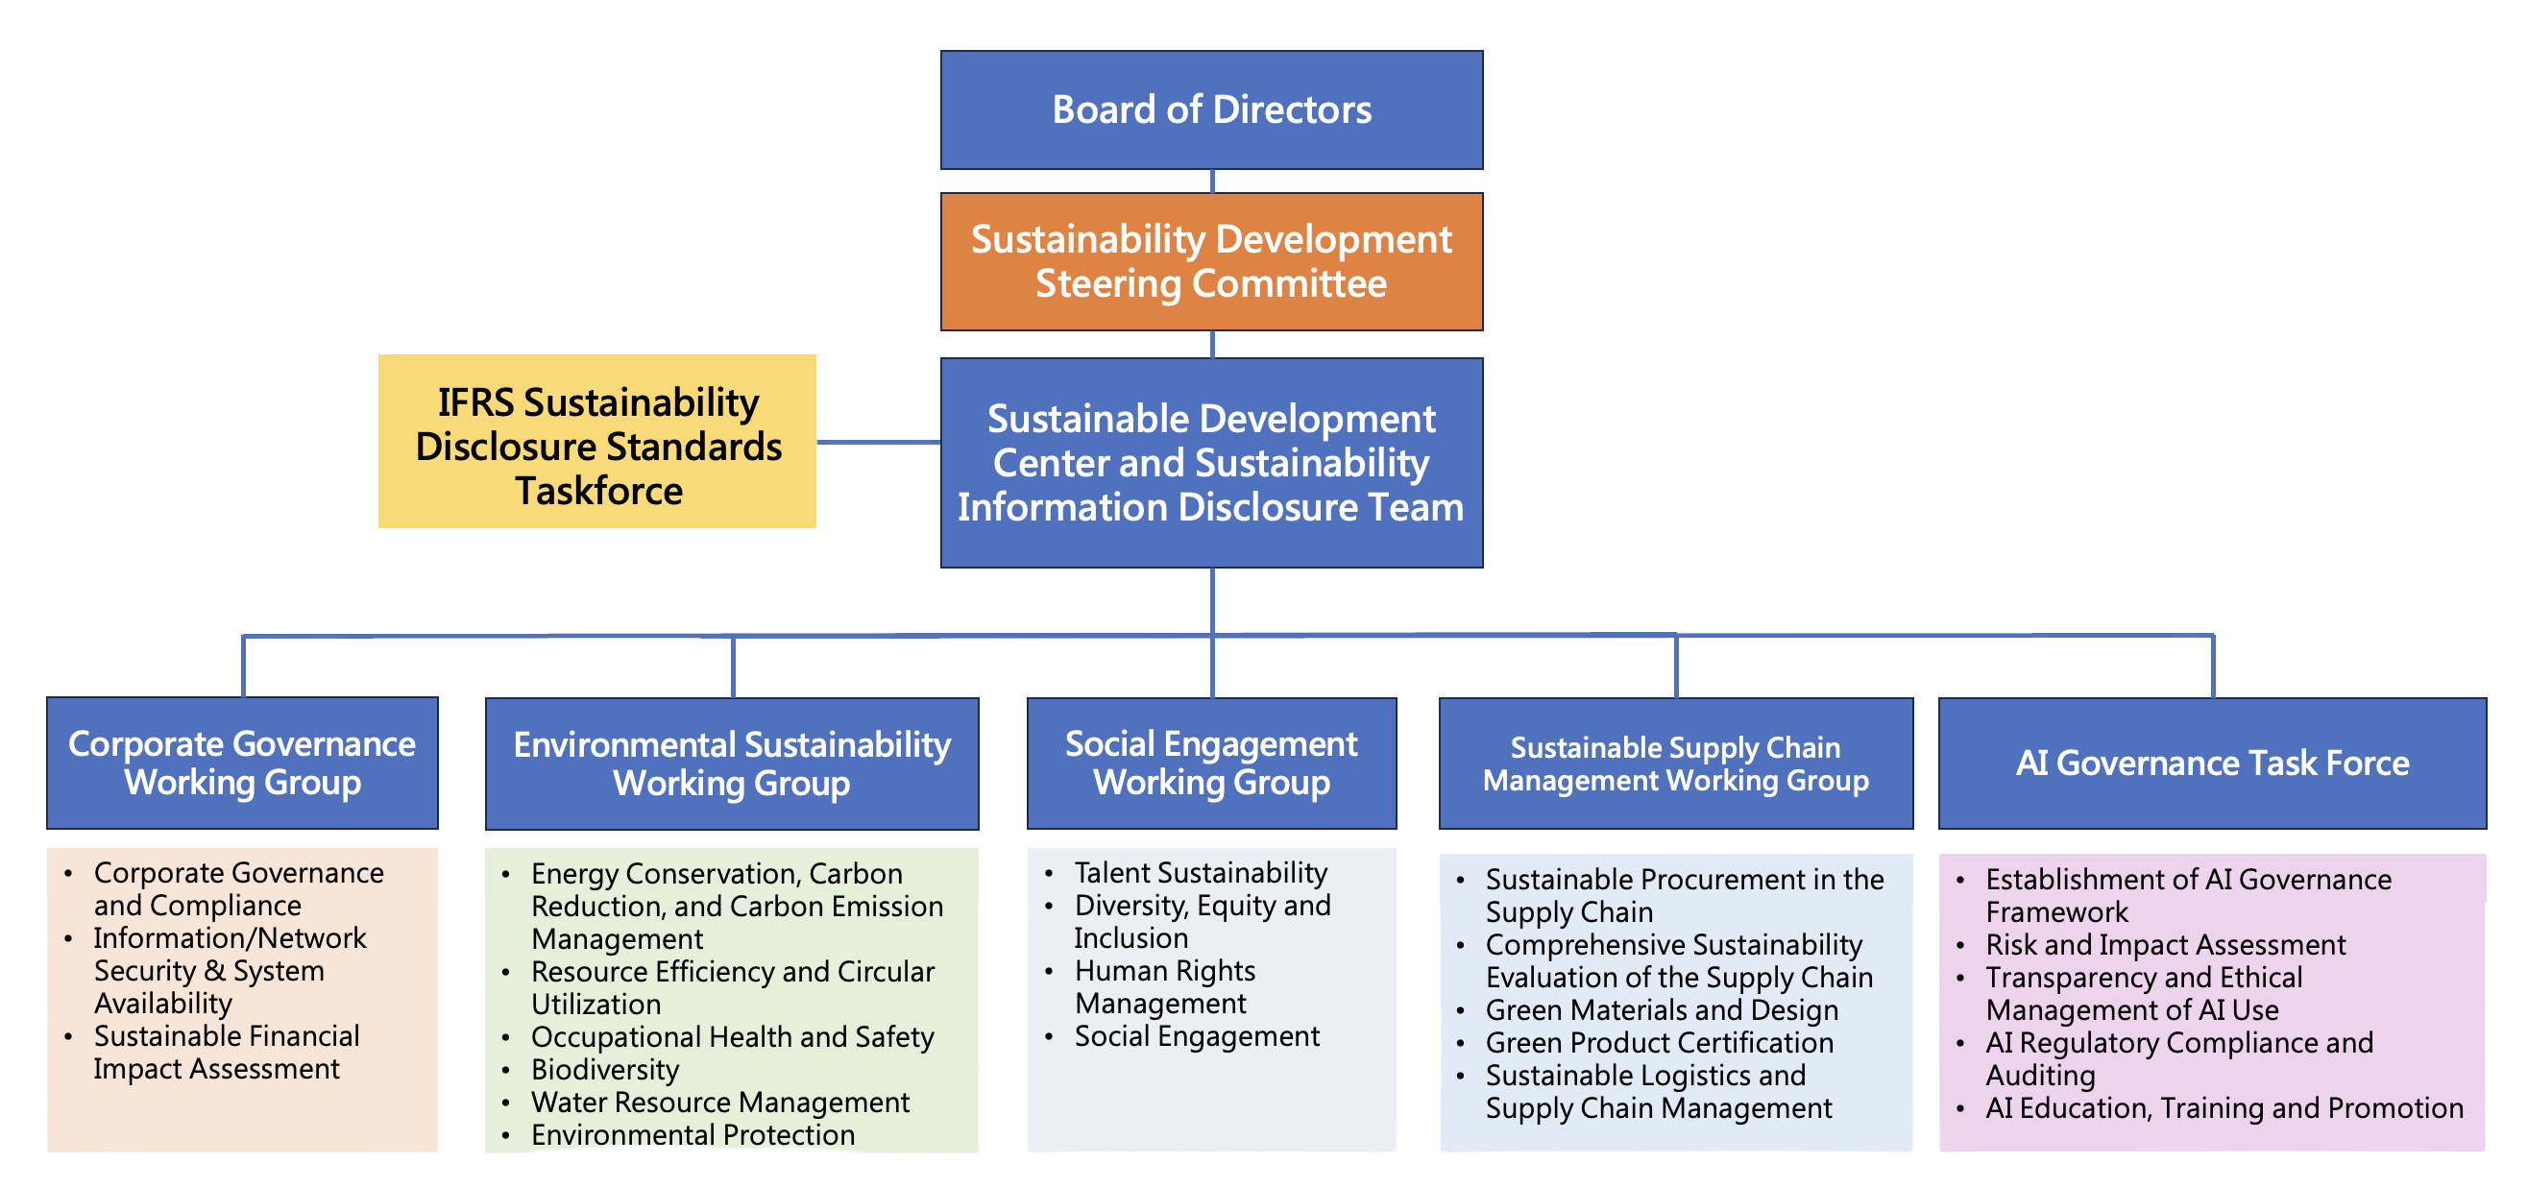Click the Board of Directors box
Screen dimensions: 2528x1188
point(1211,109)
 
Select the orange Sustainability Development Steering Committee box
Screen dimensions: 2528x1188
point(1211,261)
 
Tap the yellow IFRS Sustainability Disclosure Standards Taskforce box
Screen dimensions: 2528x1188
point(596,442)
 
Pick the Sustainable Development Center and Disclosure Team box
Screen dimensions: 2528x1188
point(1211,462)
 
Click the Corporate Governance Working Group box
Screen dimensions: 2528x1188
point(242,764)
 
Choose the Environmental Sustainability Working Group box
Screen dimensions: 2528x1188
point(732,764)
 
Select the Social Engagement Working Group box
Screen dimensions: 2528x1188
point(1211,764)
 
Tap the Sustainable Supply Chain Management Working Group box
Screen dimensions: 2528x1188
point(1676,764)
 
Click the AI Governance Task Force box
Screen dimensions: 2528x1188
point(2212,764)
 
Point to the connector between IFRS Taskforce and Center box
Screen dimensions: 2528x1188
point(878,443)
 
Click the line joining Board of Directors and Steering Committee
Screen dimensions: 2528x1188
point(1212,182)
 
